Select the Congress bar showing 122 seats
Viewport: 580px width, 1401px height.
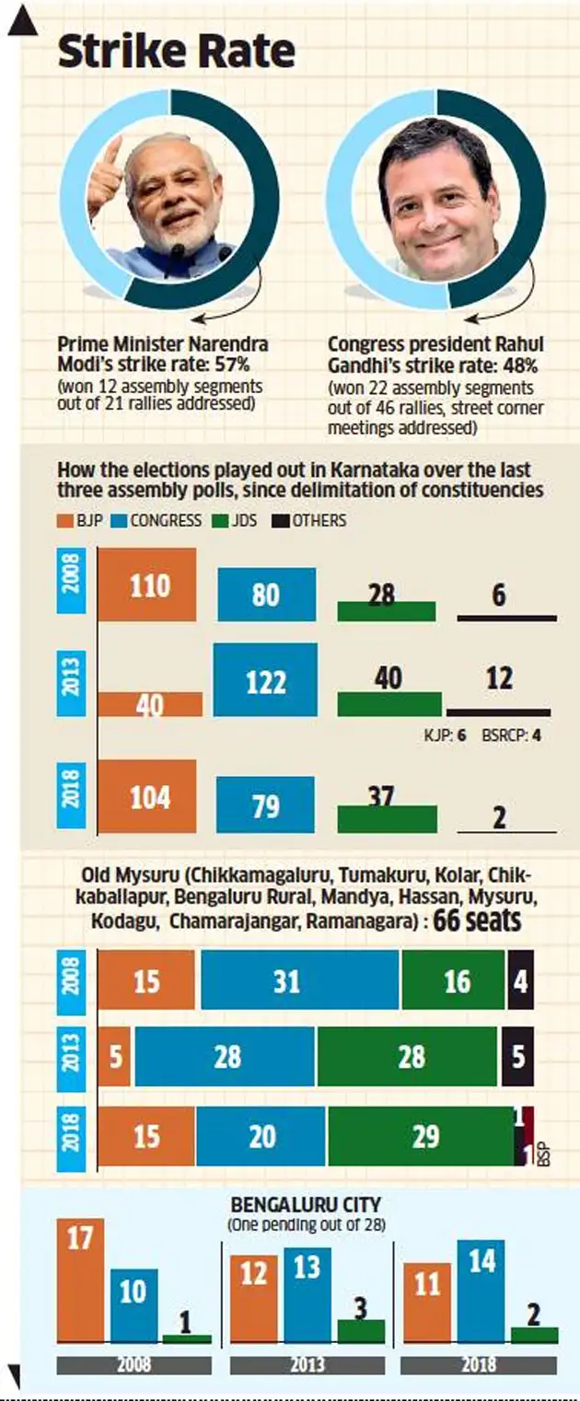coord(265,679)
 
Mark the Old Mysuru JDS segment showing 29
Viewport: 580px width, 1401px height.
coord(420,1136)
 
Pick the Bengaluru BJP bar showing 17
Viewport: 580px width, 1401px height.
coord(80,1279)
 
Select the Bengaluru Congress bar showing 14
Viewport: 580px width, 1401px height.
coord(480,1291)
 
